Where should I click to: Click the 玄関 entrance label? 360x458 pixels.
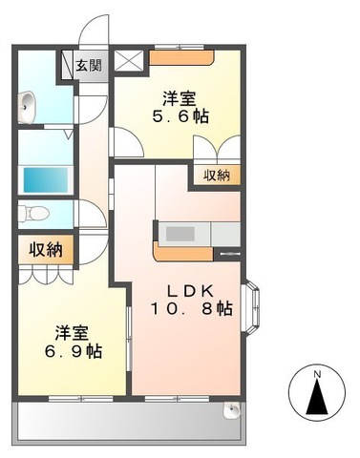(89, 66)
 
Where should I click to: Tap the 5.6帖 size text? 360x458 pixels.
(180, 116)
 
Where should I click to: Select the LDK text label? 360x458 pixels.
(190, 290)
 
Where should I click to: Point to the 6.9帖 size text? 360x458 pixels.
(74, 351)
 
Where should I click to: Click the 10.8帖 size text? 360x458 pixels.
(191, 308)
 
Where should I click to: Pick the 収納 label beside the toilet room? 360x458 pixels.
(46, 250)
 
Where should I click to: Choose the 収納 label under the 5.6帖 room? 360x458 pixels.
(217, 176)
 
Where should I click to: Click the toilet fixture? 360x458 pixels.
(33, 213)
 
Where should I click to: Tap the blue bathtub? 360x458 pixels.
(46, 179)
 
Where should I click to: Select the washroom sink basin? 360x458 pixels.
(27, 107)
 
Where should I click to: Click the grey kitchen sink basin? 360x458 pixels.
(180, 234)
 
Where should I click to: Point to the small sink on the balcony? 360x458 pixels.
(232, 409)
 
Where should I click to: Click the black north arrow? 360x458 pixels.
(317, 397)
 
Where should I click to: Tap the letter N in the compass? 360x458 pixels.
(317, 375)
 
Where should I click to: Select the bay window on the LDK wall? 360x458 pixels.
(252, 306)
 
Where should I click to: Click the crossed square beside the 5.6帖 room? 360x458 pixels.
(129, 60)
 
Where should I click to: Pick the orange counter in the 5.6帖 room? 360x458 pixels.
(181, 57)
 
